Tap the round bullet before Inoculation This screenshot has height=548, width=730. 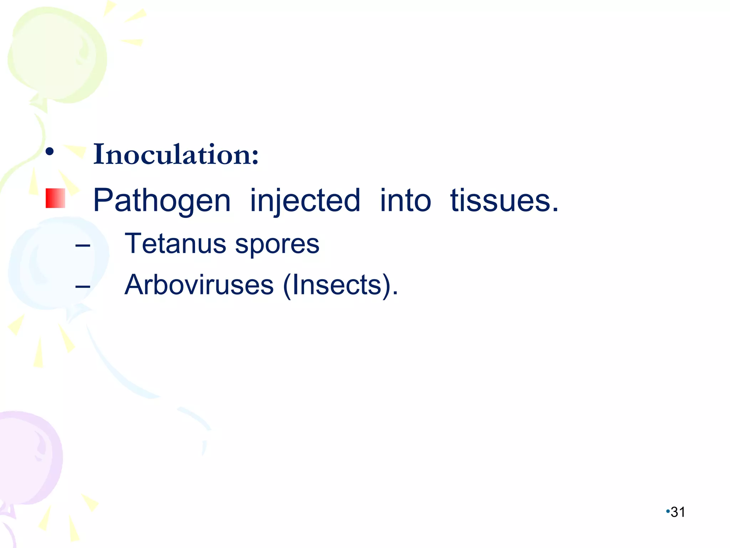coord(50,152)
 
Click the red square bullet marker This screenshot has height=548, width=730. coord(55,198)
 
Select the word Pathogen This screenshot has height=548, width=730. coord(162,201)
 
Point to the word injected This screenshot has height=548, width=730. coord(305,201)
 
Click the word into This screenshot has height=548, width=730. coord(405,201)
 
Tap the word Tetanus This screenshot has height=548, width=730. coord(175,244)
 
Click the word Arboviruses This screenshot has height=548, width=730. coord(199,285)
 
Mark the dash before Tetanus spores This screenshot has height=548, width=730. coord(83,245)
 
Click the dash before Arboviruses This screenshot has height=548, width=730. coord(83,286)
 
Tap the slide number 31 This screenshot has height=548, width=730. coord(678,512)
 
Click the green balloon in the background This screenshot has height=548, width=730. coord(57,54)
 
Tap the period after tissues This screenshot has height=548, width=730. coord(555,210)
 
